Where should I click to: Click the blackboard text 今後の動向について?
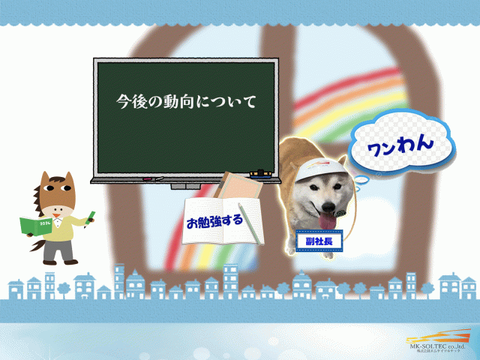(x=187, y=100)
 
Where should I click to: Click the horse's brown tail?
(x=36, y=243)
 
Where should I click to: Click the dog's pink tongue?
(x=327, y=218)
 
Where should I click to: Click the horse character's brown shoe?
(x=70, y=262)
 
